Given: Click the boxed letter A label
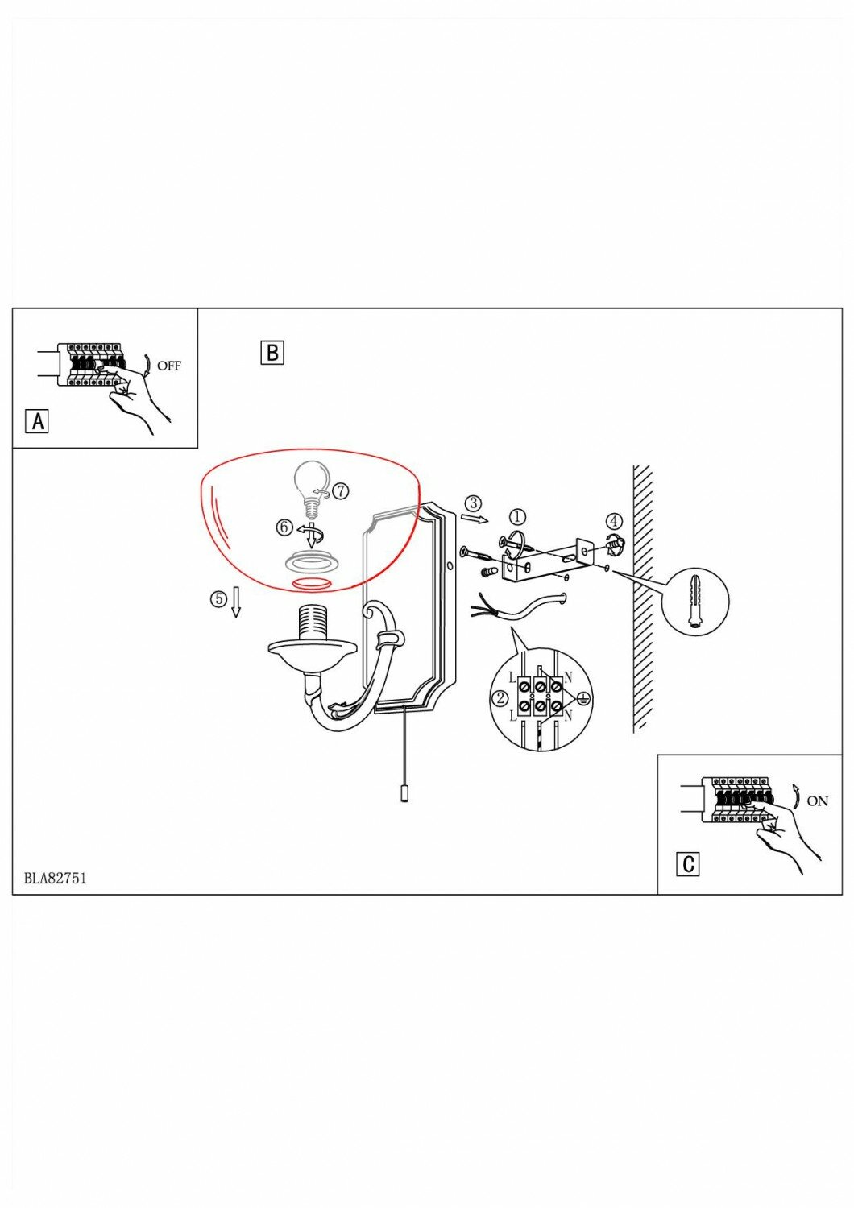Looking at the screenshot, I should [x=37, y=420].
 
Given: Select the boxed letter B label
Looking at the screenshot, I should [x=272, y=353].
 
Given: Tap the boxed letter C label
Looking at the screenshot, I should [x=688, y=863].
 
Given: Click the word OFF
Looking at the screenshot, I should [x=169, y=366].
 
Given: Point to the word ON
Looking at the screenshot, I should [x=817, y=801].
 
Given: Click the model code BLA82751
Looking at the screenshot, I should [x=55, y=878].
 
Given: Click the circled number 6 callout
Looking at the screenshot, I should [x=284, y=527].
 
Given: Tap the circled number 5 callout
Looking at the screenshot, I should [x=218, y=598].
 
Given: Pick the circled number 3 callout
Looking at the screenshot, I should [x=474, y=503].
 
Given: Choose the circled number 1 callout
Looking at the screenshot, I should [x=517, y=516].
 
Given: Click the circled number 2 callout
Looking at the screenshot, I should [x=500, y=697].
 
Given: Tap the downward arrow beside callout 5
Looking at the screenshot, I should [x=236, y=602].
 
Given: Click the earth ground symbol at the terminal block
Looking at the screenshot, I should [x=585, y=699].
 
